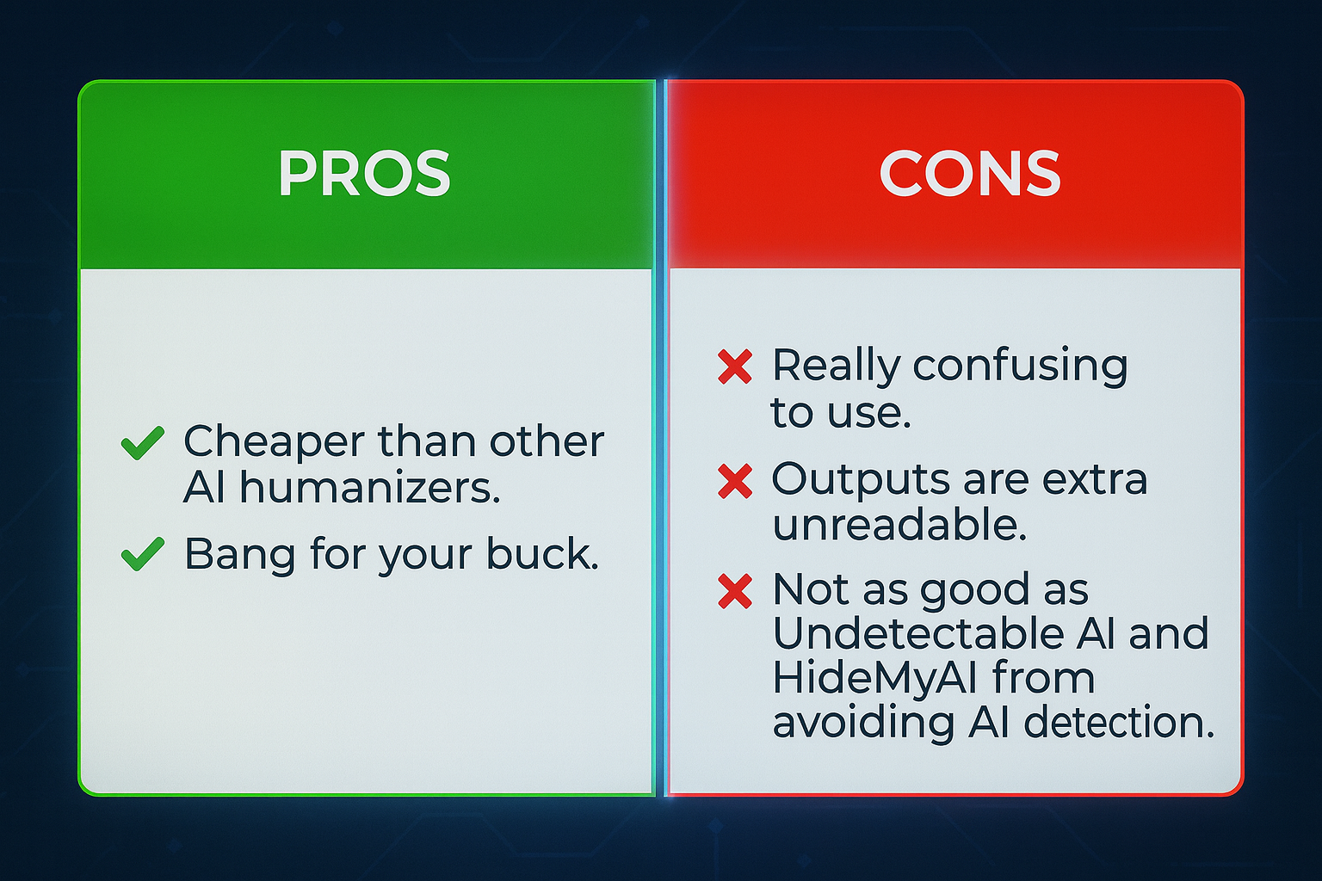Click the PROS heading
364,173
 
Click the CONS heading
970,173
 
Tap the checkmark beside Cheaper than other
142,442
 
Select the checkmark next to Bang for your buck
142,554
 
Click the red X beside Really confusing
735,367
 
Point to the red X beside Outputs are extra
735,481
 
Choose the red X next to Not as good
735,591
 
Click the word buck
542,553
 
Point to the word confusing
1021,367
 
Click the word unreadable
899,524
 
